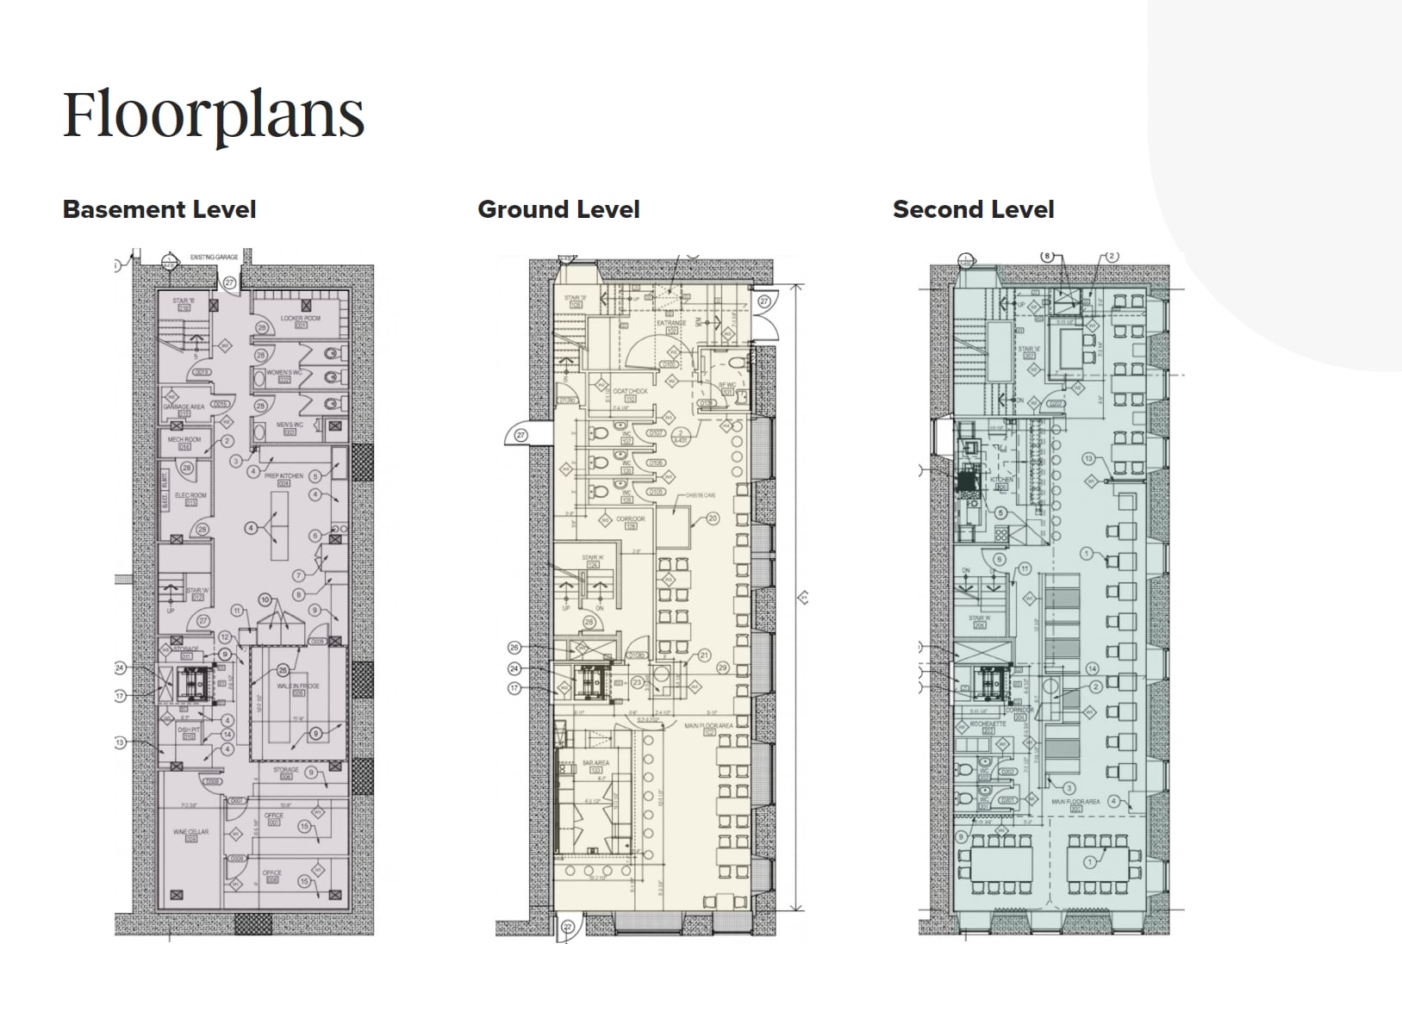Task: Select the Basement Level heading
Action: tap(159, 209)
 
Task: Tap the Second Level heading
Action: tap(973, 209)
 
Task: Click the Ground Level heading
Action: tap(558, 209)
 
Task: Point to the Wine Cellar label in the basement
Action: tap(191, 833)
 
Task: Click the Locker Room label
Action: tap(300, 318)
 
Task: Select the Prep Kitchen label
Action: tap(284, 476)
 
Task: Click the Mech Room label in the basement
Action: tap(184, 440)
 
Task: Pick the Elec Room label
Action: tap(190, 496)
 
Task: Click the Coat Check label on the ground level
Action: tap(630, 392)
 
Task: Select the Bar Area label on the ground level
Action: tap(595, 763)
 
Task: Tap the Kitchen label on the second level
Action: tap(1001, 479)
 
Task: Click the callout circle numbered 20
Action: tap(713, 518)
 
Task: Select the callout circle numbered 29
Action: tap(722, 668)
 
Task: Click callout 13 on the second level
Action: tap(1088, 459)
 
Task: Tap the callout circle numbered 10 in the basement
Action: tap(265, 599)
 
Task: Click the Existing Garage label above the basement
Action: tap(214, 257)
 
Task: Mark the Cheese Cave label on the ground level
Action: tap(701, 496)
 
